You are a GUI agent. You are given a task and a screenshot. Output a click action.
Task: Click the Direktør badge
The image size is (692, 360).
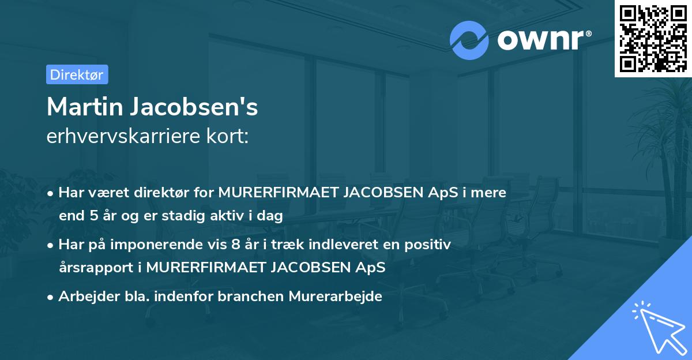coord(77,74)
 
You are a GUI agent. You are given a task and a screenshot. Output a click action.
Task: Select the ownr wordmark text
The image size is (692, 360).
coord(543,40)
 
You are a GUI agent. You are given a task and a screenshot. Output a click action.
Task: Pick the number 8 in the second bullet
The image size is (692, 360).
coord(235,245)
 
